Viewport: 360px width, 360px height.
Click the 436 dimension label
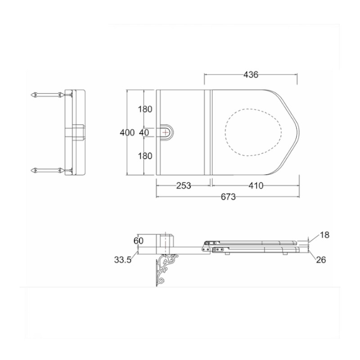pyautogui.click(x=251, y=75)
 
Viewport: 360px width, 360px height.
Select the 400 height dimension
pyautogui.click(x=127, y=132)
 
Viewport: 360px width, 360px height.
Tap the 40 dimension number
pyautogui.click(x=144, y=132)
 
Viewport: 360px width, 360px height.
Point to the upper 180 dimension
pyautogui.click(x=145, y=109)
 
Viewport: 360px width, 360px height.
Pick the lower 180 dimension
pyautogui.click(x=145, y=156)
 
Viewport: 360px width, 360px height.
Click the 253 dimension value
pyautogui.click(x=184, y=185)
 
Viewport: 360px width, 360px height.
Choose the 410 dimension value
pyautogui.click(x=256, y=185)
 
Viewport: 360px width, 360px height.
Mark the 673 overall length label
pyautogui.click(x=228, y=197)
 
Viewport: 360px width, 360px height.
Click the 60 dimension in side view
pyautogui.click(x=139, y=241)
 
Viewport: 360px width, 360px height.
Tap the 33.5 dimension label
pyautogui.click(x=123, y=260)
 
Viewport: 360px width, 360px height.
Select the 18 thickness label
pyautogui.click(x=324, y=235)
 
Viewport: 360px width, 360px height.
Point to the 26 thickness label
pyautogui.click(x=321, y=260)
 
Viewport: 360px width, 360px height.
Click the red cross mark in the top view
pyautogui.click(x=165, y=132)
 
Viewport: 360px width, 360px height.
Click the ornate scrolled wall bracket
pyautogui.click(x=166, y=270)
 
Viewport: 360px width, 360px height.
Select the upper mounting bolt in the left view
pyautogui.click(x=47, y=94)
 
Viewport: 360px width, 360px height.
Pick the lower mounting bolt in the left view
pyautogui.click(x=47, y=170)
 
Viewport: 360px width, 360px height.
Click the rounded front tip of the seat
pyautogui.click(x=299, y=132)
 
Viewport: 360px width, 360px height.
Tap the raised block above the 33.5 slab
pyautogui.click(x=165, y=241)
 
